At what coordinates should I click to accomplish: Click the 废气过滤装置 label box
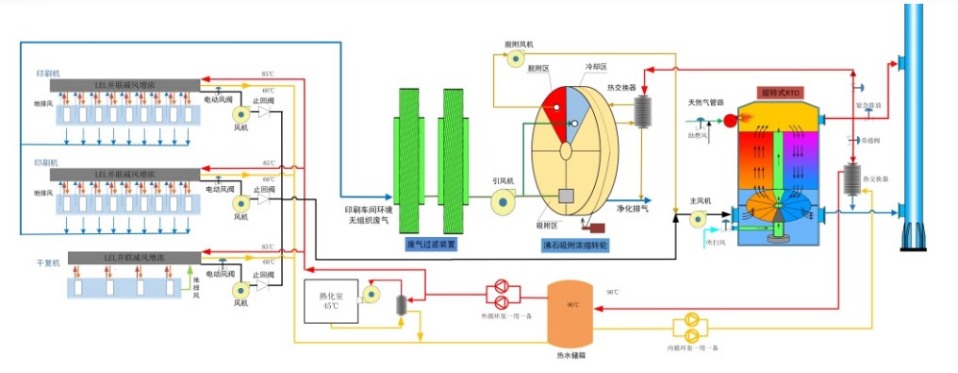[x=431, y=244]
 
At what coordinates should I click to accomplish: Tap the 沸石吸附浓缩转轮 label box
[x=575, y=244]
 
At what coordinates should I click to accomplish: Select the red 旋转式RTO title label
[x=779, y=93]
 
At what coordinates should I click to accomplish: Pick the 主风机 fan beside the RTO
[x=698, y=218]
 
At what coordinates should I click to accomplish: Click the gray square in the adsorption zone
[x=568, y=195]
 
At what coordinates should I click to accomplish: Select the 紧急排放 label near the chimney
[x=868, y=106]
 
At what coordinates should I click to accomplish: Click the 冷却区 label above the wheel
[x=596, y=67]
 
